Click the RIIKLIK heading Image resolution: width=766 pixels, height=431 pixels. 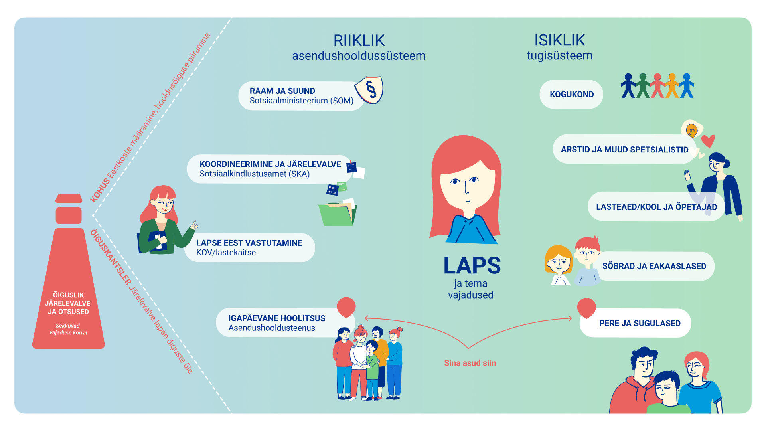359,40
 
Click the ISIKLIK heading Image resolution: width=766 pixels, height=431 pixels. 560,40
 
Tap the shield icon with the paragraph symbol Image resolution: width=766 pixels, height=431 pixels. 369,90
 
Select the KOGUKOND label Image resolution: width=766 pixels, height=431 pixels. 572,95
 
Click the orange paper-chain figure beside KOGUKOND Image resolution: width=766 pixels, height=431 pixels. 672,85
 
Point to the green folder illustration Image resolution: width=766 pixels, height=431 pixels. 338,214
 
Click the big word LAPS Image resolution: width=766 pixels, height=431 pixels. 472,265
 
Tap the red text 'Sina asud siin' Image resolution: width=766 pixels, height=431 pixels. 470,363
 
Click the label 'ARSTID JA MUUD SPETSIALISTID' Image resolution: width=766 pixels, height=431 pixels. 625,150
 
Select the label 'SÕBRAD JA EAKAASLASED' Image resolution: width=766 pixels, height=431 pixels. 654,266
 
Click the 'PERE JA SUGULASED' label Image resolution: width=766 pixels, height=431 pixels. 640,323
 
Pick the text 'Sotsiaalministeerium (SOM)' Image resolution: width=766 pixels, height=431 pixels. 302,101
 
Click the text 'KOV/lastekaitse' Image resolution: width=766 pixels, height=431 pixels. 226,253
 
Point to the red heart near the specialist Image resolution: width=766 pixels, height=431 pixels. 708,141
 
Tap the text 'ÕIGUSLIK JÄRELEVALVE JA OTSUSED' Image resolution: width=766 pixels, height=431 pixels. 68,303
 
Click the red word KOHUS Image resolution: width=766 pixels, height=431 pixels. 100,190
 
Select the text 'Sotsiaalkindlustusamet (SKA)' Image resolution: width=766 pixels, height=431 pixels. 255,174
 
